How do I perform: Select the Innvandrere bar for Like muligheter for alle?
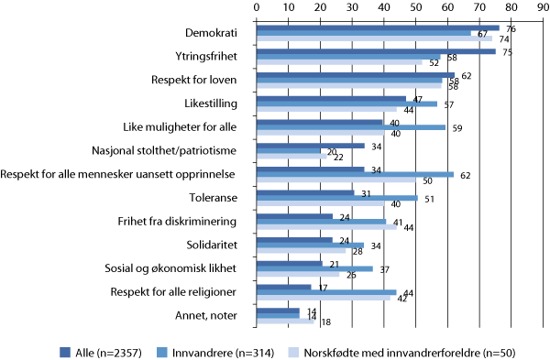pos(350,127)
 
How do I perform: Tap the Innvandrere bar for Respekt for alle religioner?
pos(326,292)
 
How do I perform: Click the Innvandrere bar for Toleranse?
pos(337,197)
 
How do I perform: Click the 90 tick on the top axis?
pos(544,8)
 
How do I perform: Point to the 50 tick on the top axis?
pos(416,8)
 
